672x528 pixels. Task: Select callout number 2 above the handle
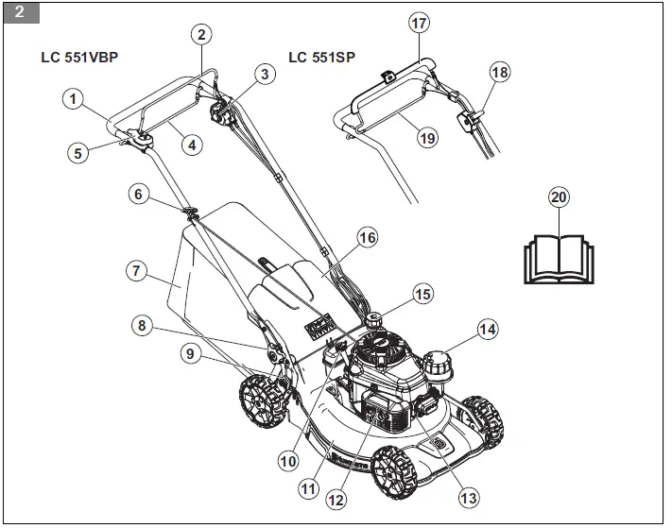tap(200, 34)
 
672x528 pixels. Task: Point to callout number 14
tap(487, 330)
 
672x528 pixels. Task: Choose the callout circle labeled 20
tap(559, 196)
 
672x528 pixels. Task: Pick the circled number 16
tap(367, 238)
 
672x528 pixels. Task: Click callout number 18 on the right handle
tap(500, 72)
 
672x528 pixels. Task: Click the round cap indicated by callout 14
tap(438, 364)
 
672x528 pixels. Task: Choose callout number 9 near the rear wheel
tap(192, 354)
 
